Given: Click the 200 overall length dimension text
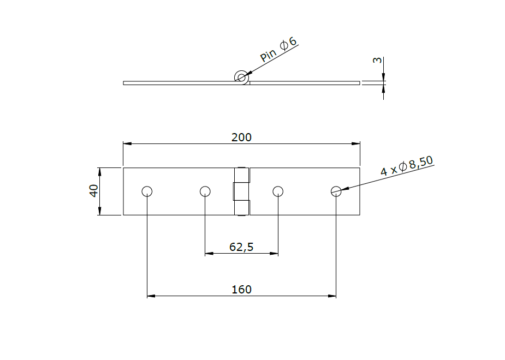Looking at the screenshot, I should tap(241, 137).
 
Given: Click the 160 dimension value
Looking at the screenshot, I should tap(241, 289).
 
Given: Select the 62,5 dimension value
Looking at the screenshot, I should tap(241, 247).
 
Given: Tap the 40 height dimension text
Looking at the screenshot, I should tap(93, 191).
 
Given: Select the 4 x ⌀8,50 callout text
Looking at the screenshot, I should tap(407, 166).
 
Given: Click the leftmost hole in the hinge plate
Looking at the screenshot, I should tap(147, 191).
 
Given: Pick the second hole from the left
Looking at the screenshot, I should tap(205, 191).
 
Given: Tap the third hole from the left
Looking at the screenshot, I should tap(278, 191).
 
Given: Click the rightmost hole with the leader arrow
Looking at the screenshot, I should tap(336, 191).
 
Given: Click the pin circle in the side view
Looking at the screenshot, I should tap(240, 77).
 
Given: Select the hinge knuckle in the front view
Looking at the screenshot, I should tap(241, 191).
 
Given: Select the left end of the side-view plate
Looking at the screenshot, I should tap(125, 83).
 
